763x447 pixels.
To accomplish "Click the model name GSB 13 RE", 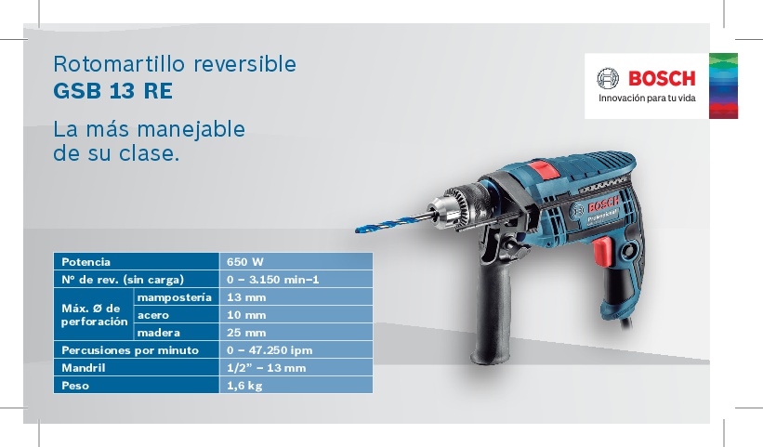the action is [x=112, y=91].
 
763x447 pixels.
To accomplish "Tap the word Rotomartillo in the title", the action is [x=119, y=64].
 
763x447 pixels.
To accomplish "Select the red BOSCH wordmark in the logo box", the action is [x=662, y=78].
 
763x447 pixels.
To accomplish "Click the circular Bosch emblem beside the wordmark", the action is [x=608, y=78].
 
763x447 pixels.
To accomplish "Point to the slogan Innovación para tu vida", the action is [x=647, y=99].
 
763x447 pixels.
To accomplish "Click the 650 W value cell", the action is [x=296, y=262].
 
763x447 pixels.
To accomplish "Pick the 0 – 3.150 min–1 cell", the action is [x=296, y=279].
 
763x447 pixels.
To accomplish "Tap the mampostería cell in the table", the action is [x=176, y=296].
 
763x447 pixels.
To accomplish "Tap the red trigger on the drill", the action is [x=603, y=251].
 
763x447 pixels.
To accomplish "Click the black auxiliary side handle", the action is [x=492, y=316].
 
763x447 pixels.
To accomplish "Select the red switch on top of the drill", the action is [x=544, y=170].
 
